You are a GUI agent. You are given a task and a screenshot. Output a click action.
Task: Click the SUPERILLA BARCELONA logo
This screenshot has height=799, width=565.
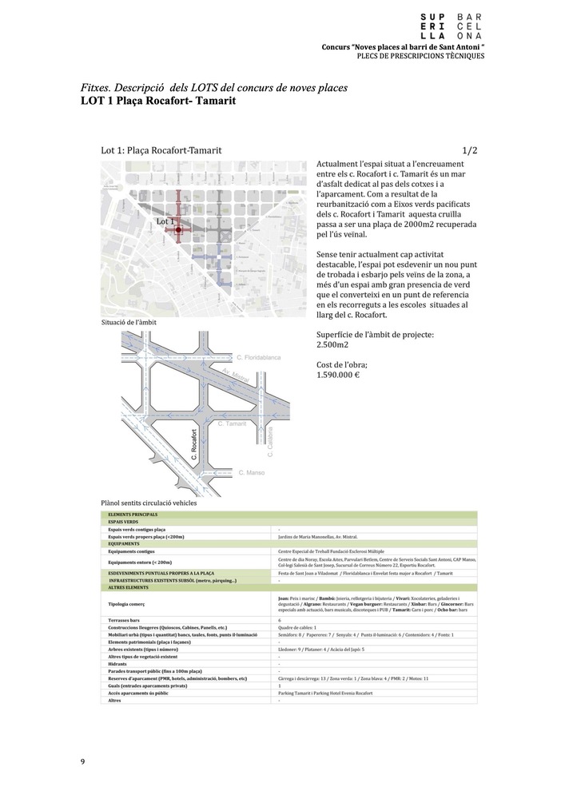(x=452, y=26)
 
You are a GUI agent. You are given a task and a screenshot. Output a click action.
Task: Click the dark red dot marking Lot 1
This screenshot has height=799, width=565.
(x=178, y=230)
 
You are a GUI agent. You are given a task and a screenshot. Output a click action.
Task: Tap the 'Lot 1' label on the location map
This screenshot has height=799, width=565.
(x=165, y=221)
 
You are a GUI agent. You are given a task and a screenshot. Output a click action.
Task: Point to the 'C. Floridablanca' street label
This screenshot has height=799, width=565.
(x=260, y=359)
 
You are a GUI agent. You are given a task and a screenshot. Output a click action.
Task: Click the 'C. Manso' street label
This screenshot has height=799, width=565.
(x=252, y=473)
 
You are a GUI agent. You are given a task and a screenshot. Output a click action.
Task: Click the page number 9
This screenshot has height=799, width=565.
(x=82, y=761)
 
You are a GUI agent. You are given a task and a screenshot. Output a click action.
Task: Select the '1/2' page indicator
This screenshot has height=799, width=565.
(x=470, y=150)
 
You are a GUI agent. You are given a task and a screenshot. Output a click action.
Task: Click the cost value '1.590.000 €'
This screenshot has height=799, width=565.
(x=338, y=375)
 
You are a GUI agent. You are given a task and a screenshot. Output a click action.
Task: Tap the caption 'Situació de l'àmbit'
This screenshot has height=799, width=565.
(x=129, y=322)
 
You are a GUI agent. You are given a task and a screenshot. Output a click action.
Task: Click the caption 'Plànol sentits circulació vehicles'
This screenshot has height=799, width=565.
(x=149, y=503)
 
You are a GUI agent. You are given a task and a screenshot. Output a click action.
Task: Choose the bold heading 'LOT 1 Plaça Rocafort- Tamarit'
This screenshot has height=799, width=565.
(x=158, y=102)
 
